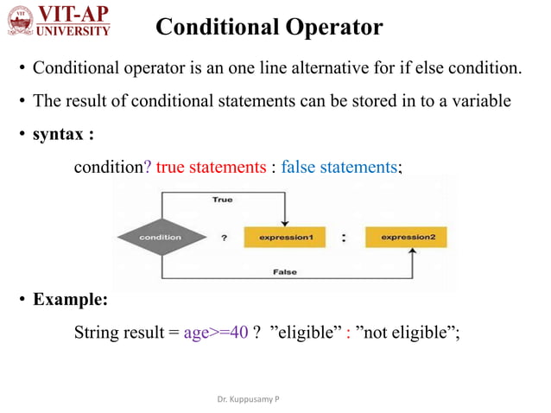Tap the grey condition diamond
click(160, 237)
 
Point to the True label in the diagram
click(222, 200)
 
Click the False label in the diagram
click(284, 272)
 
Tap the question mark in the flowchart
click(225, 238)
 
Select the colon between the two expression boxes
click(344, 238)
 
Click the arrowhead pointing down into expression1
click(285, 221)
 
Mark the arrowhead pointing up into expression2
click(413, 252)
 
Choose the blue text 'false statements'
click(339, 167)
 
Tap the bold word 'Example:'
click(70, 301)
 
